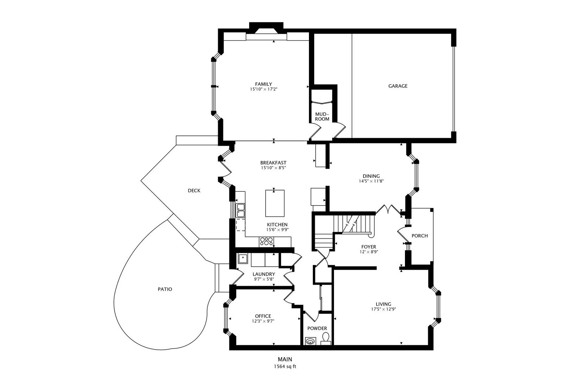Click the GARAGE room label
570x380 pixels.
click(x=398, y=86)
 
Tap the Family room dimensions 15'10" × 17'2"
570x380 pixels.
click(x=264, y=89)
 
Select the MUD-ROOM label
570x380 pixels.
click(x=322, y=116)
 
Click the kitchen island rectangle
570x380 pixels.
click(x=274, y=203)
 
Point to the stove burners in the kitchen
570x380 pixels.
click(x=266, y=241)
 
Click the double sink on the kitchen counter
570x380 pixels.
click(x=241, y=210)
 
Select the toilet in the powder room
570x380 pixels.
click(x=325, y=338)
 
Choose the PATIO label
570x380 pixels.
click(x=165, y=289)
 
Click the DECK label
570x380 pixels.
click(x=194, y=191)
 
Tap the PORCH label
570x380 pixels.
click(x=419, y=236)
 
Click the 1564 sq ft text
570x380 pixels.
click(x=285, y=366)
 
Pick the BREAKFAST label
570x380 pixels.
click(x=273, y=163)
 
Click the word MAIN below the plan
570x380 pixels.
click(x=285, y=359)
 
